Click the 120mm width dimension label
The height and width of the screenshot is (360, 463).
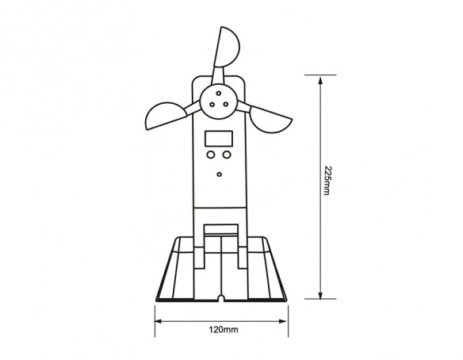[x=224, y=330]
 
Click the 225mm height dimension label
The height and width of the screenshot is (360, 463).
[x=327, y=181]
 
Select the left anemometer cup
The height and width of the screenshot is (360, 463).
[x=165, y=116]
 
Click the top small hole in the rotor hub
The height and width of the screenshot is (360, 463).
[x=219, y=94]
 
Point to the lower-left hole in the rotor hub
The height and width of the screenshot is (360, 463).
[x=212, y=104]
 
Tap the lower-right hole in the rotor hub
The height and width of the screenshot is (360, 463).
[x=226, y=104]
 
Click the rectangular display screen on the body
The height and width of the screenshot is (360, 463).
[x=219, y=139]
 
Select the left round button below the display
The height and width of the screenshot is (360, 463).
[x=211, y=155]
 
